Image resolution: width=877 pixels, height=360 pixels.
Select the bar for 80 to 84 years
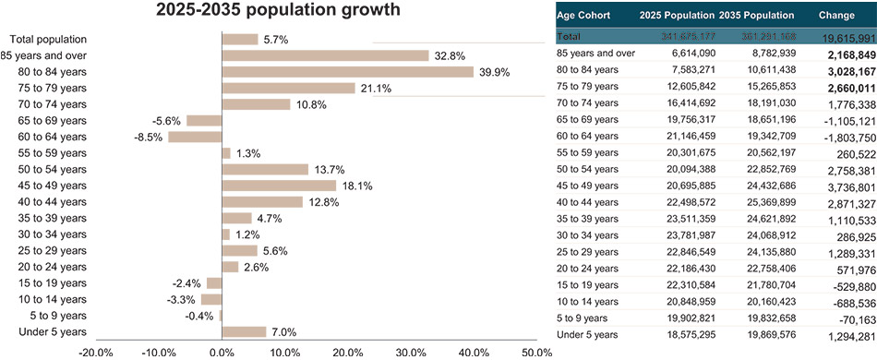(347, 72)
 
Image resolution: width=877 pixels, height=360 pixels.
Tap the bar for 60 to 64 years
(195, 138)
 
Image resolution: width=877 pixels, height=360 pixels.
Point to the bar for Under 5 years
(244, 331)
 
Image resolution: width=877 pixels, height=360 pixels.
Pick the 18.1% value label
(357, 186)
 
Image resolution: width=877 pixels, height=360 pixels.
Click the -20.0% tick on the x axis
(96, 353)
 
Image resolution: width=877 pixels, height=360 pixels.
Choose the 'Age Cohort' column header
(589, 16)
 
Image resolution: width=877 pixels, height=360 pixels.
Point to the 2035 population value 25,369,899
(765, 202)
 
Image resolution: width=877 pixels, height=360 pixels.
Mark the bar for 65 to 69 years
(204, 121)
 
